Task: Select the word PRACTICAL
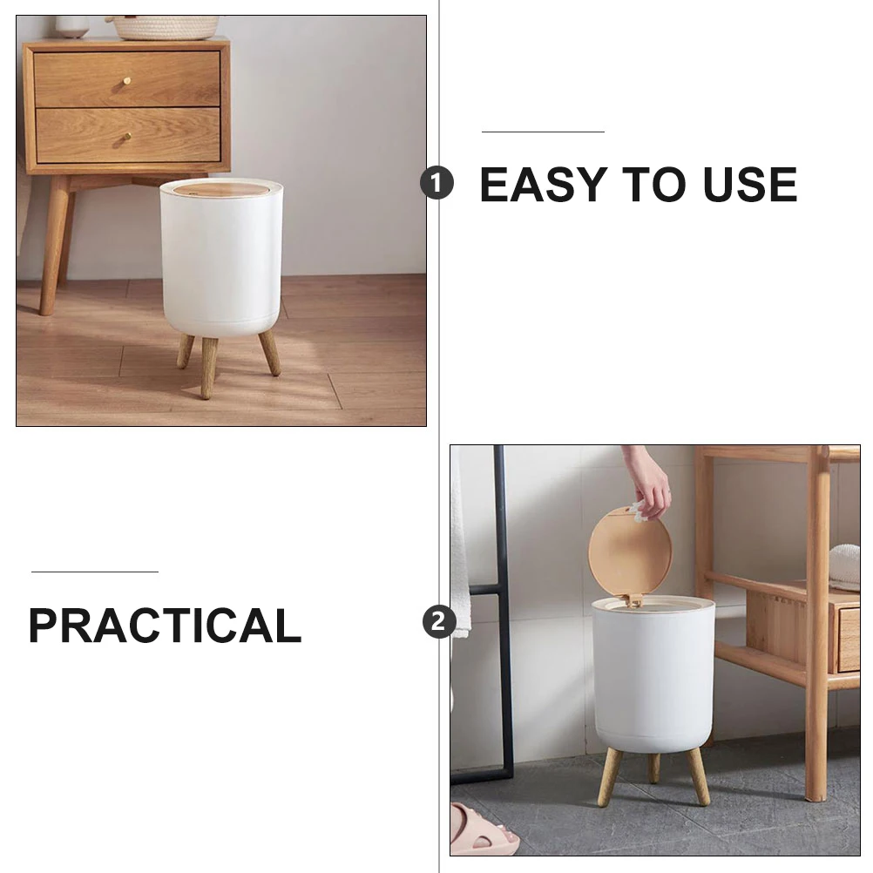[165, 626]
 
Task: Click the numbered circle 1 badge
[437, 184]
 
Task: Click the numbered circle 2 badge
[438, 622]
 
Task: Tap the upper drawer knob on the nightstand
[127, 81]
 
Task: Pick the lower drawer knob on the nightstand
[127, 137]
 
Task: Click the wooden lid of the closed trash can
[221, 188]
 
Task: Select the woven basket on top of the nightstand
[166, 27]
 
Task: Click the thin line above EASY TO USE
[543, 132]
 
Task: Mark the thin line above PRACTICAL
[94, 572]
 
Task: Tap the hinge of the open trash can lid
[633, 600]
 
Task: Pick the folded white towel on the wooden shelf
[843, 566]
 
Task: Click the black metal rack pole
[503, 610]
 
